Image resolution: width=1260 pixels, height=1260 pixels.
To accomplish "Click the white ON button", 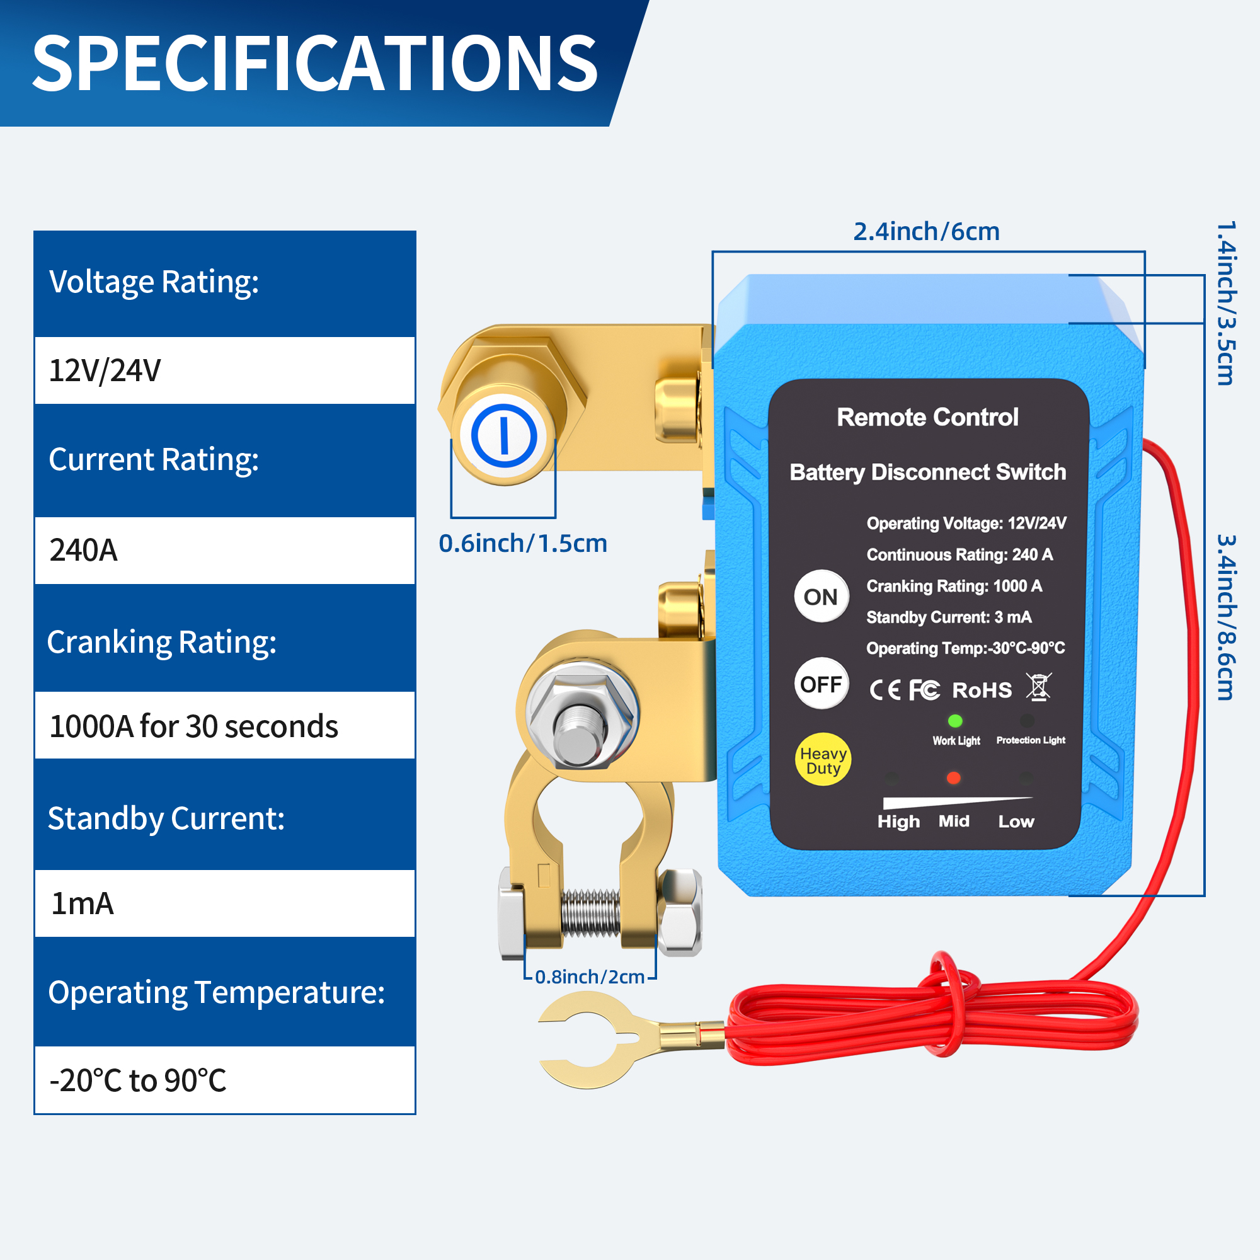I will (x=821, y=597).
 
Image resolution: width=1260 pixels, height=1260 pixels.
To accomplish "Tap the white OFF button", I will (x=821, y=684).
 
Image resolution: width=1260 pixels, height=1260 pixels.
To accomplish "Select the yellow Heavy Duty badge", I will (x=823, y=760).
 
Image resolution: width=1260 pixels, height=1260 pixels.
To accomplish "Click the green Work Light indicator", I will (x=955, y=721).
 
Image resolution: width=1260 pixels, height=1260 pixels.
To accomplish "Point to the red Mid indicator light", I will (x=953, y=778).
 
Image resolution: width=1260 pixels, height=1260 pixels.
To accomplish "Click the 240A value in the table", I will (x=84, y=551).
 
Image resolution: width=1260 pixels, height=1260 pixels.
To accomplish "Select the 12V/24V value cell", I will (x=105, y=371).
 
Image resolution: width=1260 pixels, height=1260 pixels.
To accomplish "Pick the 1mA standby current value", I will (x=82, y=904).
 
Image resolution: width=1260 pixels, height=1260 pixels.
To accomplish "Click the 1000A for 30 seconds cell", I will (x=193, y=726).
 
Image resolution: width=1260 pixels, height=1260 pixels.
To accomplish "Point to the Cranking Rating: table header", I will (x=162, y=643).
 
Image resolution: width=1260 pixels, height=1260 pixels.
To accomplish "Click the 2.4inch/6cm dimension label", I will (x=926, y=231).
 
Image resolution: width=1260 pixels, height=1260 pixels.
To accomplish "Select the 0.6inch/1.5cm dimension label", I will (x=522, y=543).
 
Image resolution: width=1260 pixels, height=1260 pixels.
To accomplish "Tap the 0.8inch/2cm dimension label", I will (x=590, y=977).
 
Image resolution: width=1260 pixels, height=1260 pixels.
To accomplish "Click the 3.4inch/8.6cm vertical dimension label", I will (x=1226, y=617).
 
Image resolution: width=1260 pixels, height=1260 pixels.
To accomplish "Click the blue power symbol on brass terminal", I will (x=503, y=436).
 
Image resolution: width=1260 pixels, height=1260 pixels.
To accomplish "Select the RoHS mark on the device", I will (x=982, y=690).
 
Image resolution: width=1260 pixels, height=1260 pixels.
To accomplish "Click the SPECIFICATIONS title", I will (x=314, y=63).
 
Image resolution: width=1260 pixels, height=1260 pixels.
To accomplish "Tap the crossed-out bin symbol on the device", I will (x=1038, y=687).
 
